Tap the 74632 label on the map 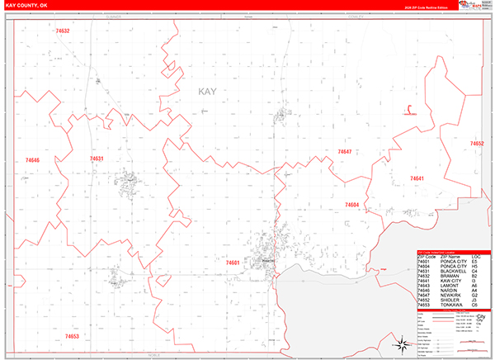click(62, 31)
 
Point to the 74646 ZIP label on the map click(32, 159)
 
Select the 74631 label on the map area click(96, 158)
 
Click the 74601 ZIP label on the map click(232, 263)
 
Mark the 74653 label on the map click(71, 336)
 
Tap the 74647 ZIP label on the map click(344, 152)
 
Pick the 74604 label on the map click(351, 204)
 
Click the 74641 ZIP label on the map click(417, 178)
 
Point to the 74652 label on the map click(477, 144)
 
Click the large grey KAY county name click(208, 92)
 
